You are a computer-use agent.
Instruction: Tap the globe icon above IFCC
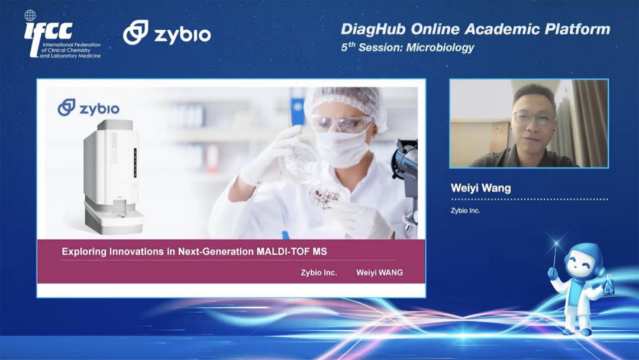click(x=30, y=15)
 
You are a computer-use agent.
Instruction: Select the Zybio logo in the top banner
click(x=167, y=33)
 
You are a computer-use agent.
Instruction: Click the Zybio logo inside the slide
click(x=88, y=108)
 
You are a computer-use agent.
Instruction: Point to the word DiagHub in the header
click(x=374, y=29)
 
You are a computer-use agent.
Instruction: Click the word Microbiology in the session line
click(x=440, y=48)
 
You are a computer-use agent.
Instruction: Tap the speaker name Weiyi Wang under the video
click(x=481, y=188)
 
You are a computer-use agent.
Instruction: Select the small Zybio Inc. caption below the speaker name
click(x=466, y=211)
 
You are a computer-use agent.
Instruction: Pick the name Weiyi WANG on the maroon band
click(x=379, y=272)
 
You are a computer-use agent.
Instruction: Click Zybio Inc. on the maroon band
click(x=319, y=272)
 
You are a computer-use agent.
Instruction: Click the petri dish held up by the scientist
click(x=302, y=162)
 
